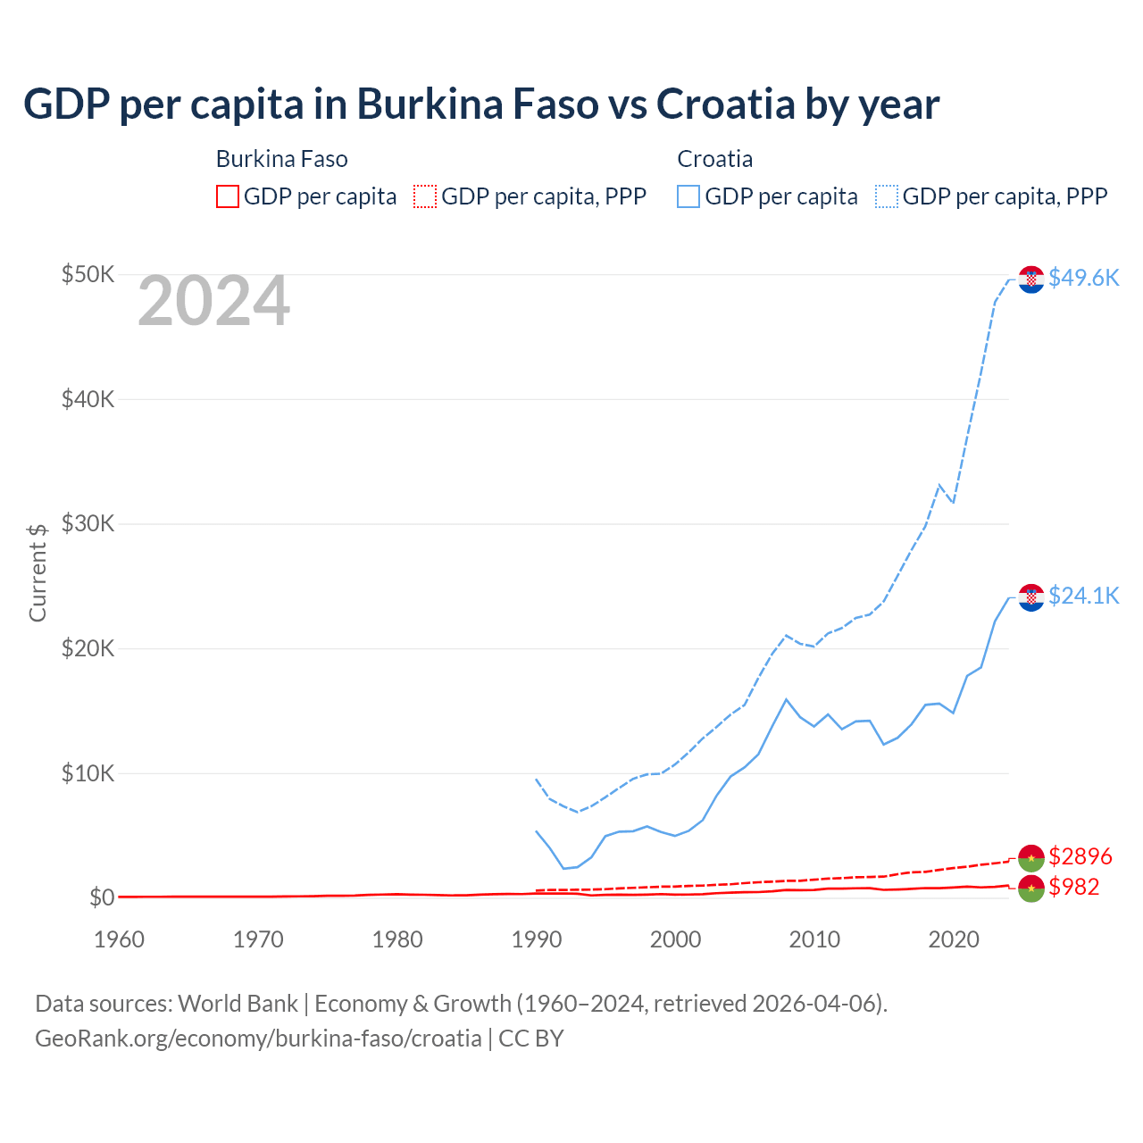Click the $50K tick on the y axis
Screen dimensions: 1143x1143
pos(88,274)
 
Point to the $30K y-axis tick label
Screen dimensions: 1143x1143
pos(88,523)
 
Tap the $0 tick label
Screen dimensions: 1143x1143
pos(101,897)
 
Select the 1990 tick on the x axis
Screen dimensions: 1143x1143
pos(537,939)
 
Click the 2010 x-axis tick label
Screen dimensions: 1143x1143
pos(814,939)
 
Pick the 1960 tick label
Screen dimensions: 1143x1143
pos(120,939)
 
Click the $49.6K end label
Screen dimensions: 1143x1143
pos(1083,278)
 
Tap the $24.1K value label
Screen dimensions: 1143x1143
pos(1083,596)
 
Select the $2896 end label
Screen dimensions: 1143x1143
pos(1080,857)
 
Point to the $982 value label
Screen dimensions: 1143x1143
pos(1074,887)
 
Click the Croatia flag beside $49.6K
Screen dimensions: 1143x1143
pos(1031,279)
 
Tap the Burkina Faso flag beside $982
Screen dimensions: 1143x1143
pos(1031,889)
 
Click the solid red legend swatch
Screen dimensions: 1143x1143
pos(228,196)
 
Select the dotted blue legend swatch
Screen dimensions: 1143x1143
pos(887,196)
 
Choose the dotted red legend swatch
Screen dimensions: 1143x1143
pos(425,196)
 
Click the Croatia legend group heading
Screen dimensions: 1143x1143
pos(714,159)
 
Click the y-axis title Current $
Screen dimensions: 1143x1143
pos(38,572)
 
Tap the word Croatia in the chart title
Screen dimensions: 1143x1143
pos(725,104)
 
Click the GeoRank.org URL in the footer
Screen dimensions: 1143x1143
pos(258,1039)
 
